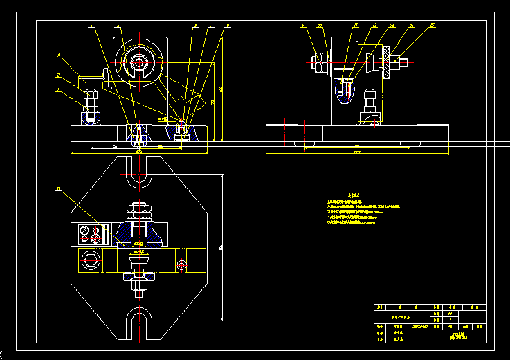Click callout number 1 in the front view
pos(58,89)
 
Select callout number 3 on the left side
pos(58,53)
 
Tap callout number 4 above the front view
pos(91,25)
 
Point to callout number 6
pos(196,25)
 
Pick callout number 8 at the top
pos(228,25)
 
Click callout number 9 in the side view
pos(303,25)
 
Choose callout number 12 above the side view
pos(374,25)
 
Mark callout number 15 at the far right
pos(432,25)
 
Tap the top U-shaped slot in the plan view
pos(138,173)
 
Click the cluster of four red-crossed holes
pos(90,233)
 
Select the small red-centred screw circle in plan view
pos(181,264)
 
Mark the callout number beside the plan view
pos(58,188)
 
